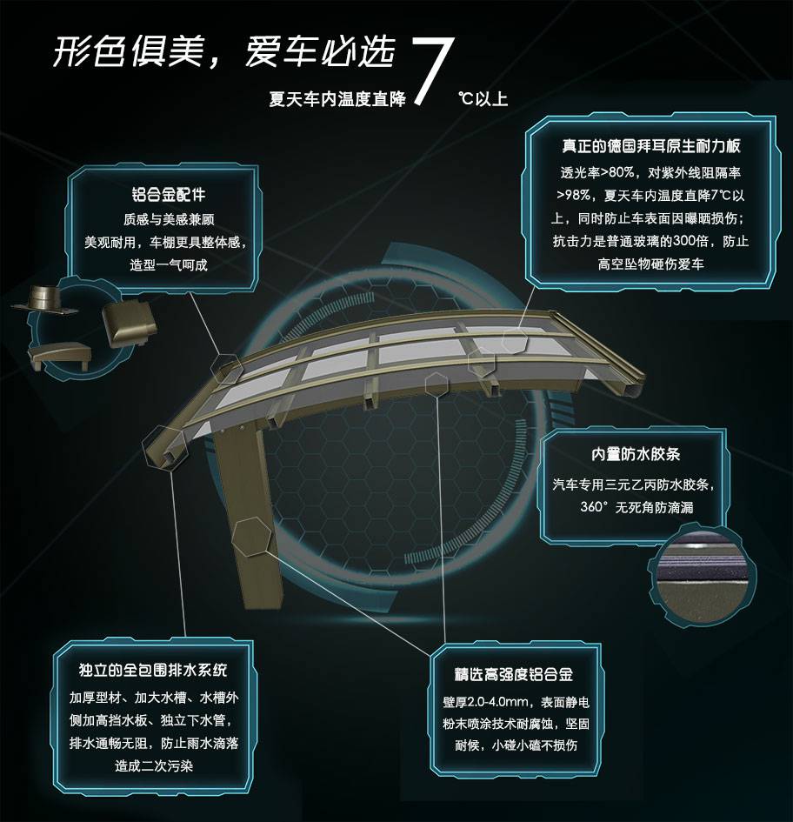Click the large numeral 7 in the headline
(x=433, y=70)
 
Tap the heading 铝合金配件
(x=169, y=195)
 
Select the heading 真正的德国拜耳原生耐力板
(x=651, y=145)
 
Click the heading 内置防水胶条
(x=636, y=454)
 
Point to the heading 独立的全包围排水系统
(x=153, y=670)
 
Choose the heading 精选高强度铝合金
(x=514, y=674)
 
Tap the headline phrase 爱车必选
(x=319, y=51)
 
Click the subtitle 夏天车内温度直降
(x=337, y=99)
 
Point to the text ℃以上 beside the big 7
(x=483, y=98)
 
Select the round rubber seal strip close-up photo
(x=703, y=575)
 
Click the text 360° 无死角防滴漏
(x=636, y=507)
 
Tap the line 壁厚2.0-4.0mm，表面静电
(x=516, y=702)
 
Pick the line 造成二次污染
(x=154, y=766)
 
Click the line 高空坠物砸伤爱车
(x=651, y=264)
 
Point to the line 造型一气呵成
(x=169, y=264)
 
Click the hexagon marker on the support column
(x=253, y=537)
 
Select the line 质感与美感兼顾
(x=169, y=219)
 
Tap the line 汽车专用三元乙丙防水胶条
(x=634, y=485)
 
